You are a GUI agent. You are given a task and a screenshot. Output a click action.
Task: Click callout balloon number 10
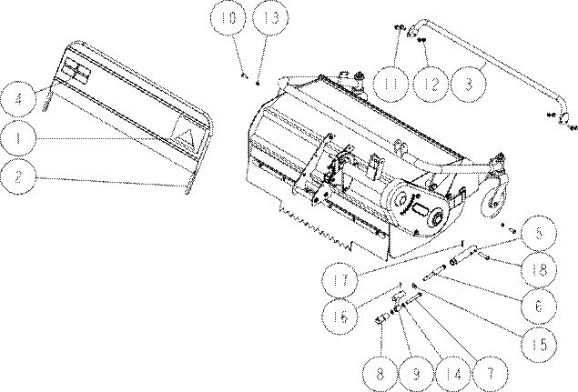pyautogui.click(x=228, y=17)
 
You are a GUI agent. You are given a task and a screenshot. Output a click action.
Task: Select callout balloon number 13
pyautogui.click(x=270, y=17)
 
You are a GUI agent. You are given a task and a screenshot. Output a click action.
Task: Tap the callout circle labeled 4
pyautogui.click(x=18, y=99)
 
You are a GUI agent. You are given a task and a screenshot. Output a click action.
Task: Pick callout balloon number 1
pyautogui.click(x=18, y=138)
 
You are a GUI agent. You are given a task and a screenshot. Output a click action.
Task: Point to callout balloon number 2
pyautogui.click(x=18, y=176)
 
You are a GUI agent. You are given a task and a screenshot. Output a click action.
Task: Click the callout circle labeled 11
pyautogui.click(x=390, y=84)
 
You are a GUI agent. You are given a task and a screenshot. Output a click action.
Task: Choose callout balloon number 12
pyautogui.click(x=431, y=84)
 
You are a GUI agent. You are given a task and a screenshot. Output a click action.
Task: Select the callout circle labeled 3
pyautogui.click(x=469, y=84)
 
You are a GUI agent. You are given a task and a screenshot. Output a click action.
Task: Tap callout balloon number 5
pyautogui.click(x=539, y=233)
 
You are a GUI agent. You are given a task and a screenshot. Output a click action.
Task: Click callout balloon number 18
pyautogui.click(x=539, y=270)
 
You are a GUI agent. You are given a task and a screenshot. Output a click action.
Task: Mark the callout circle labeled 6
pyautogui.click(x=539, y=307)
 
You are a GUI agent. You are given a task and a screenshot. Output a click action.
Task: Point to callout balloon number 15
pyautogui.click(x=539, y=344)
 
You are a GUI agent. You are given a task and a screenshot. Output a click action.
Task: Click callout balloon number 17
pyautogui.click(x=340, y=280)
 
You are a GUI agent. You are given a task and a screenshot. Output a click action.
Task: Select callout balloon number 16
pyautogui.click(x=340, y=317)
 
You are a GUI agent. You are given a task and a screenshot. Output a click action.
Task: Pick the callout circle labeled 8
pyautogui.click(x=380, y=374)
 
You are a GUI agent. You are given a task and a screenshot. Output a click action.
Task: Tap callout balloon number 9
pyautogui.click(x=417, y=374)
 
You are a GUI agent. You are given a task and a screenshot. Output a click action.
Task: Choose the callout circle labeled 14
pyautogui.click(x=453, y=374)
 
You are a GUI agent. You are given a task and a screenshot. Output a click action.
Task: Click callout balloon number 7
pyautogui.click(x=491, y=374)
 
